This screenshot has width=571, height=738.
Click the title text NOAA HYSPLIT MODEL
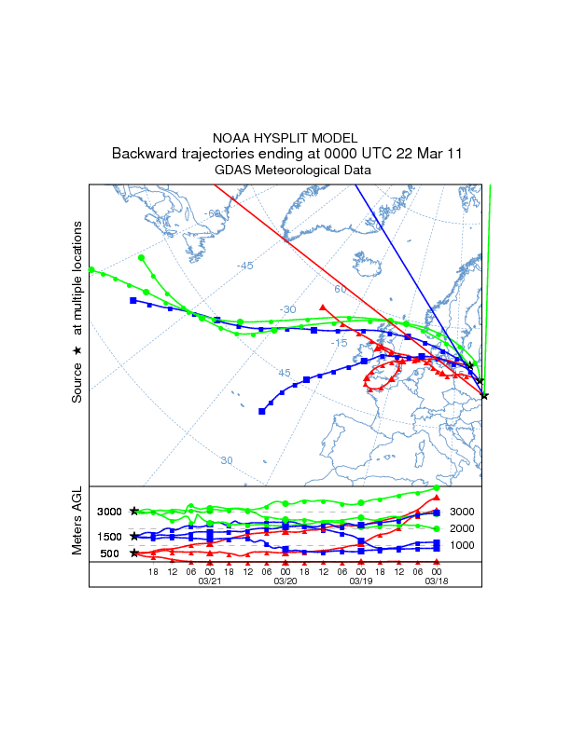285,137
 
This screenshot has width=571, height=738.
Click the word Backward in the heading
143,154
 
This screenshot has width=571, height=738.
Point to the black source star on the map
484,396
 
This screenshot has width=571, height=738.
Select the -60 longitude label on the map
215,213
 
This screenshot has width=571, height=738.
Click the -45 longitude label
244,266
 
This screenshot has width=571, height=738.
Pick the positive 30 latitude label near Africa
227,460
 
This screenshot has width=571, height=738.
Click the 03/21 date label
209,581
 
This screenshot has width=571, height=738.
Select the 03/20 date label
285,581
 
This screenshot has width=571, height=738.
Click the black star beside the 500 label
134,553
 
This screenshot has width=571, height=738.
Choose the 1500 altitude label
110,537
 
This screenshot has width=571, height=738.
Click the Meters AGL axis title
78,524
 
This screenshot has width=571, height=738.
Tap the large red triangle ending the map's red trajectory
322,307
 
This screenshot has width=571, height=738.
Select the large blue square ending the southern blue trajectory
262,411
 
